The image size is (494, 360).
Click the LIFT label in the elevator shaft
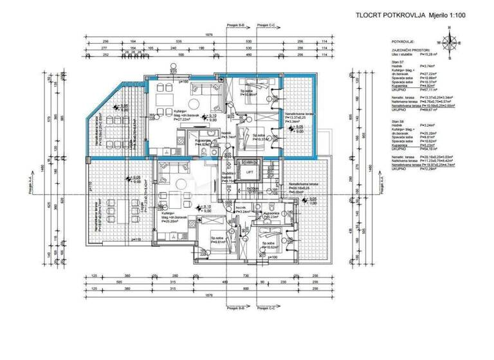coord(248,172)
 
